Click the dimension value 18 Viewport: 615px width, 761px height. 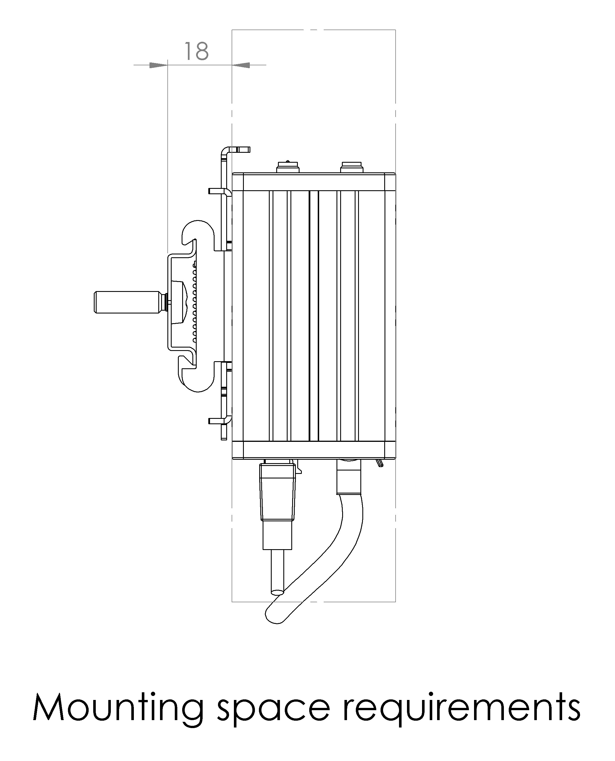[197, 51]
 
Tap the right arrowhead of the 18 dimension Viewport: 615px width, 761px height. [241, 65]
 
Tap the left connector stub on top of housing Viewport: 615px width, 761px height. [287, 167]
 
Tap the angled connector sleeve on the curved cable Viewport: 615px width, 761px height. [349, 478]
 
